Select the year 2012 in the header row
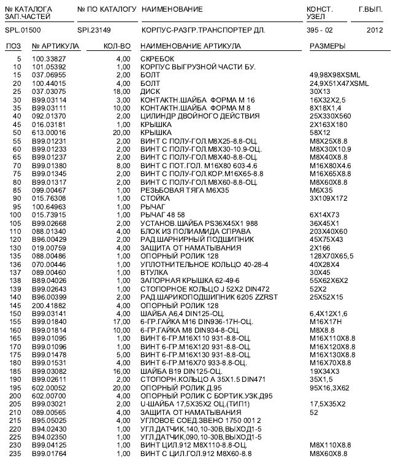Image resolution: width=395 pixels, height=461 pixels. point(374,29)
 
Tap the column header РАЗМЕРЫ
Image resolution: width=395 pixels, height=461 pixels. point(327,47)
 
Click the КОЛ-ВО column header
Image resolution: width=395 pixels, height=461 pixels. point(117,47)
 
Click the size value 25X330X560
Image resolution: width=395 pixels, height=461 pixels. point(332,115)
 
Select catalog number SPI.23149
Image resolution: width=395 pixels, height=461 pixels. point(95,29)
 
